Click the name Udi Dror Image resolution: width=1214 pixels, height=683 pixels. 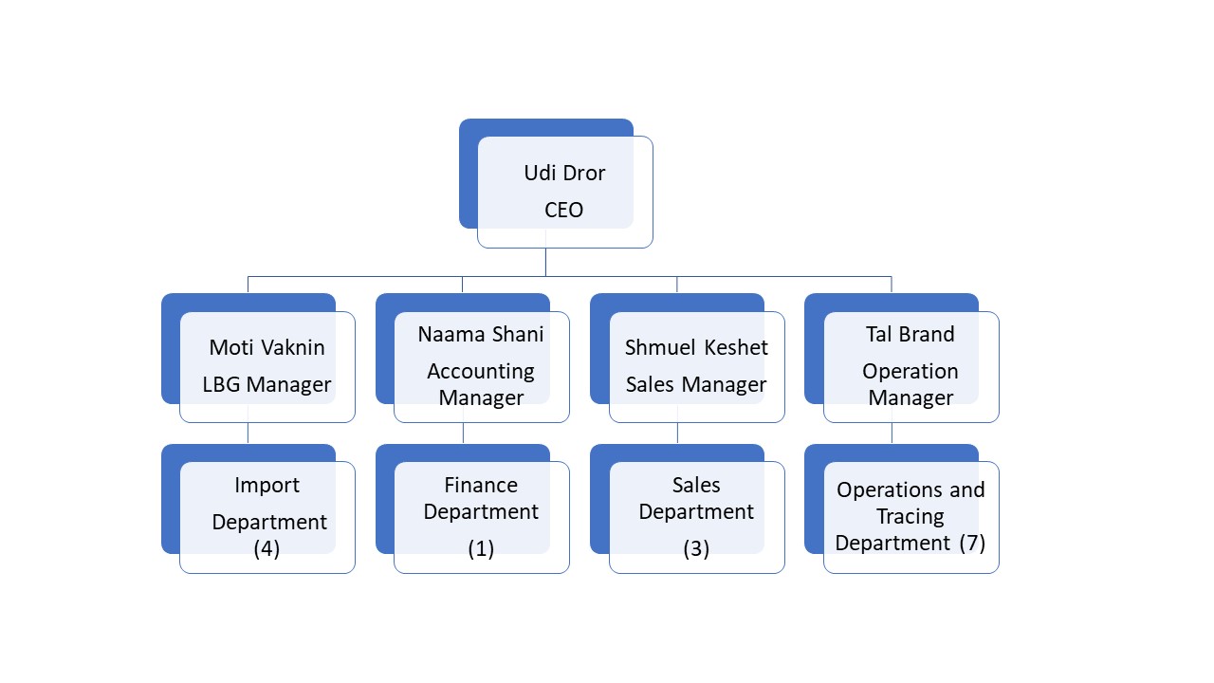(x=564, y=173)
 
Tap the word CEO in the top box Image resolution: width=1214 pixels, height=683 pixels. (x=563, y=210)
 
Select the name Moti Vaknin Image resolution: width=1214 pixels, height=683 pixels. (x=267, y=347)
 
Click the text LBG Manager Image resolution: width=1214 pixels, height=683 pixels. (x=267, y=384)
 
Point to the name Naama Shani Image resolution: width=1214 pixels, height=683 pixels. (x=481, y=335)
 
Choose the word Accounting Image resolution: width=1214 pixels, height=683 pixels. (x=481, y=372)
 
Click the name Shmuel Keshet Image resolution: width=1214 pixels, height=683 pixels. (x=696, y=347)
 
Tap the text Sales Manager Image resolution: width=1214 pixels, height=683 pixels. (x=696, y=384)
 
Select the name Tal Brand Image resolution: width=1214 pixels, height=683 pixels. (x=910, y=335)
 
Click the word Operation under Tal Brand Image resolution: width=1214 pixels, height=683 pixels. (x=910, y=372)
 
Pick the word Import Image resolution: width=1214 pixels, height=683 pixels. (x=267, y=485)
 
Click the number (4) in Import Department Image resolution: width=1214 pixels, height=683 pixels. (x=267, y=548)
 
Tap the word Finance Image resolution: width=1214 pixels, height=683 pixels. (x=481, y=485)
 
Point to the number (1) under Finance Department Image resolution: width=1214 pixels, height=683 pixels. (x=481, y=548)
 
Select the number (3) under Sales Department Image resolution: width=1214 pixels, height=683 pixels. (x=696, y=548)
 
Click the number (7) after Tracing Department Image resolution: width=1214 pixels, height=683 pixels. (x=972, y=544)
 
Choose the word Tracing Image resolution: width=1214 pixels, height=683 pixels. (x=910, y=517)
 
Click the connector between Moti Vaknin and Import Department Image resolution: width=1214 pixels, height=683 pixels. (x=248, y=434)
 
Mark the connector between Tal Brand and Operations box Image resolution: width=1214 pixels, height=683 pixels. (x=892, y=434)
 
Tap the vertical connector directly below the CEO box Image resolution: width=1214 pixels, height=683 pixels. (x=545, y=263)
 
